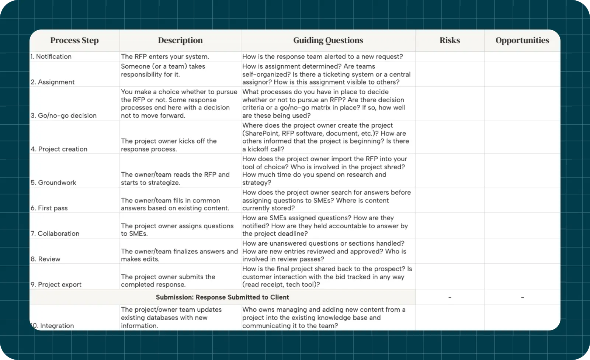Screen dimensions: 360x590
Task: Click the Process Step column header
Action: pos(74,41)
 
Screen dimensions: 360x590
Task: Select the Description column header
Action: pos(180,41)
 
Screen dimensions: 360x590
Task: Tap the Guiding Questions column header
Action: pos(328,41)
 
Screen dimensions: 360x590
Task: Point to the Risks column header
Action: pos(450,41)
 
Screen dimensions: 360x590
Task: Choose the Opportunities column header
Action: pos(522,41)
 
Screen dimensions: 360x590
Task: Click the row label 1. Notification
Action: pos(51,56)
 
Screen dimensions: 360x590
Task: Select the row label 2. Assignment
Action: pos(53,82)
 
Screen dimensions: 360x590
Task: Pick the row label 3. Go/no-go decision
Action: pos(63,115)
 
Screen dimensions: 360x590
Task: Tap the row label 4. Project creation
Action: pos(59,149)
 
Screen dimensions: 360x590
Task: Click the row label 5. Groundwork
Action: pos(53,183)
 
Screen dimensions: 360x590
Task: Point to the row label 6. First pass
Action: pos(49,208)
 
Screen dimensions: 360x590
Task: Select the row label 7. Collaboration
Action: pos(55,233)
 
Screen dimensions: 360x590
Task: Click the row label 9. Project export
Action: pos(56,284)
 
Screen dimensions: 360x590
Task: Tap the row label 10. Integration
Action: pos(53,326)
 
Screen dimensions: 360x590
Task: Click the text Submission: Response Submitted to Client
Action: pos(222,297)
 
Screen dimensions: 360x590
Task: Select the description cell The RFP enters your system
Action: pos(165,56)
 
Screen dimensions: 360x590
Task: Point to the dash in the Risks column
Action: pos(450,297)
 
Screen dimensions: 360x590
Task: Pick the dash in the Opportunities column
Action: pos(522,297)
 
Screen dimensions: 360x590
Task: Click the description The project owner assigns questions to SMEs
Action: pos(177,229)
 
